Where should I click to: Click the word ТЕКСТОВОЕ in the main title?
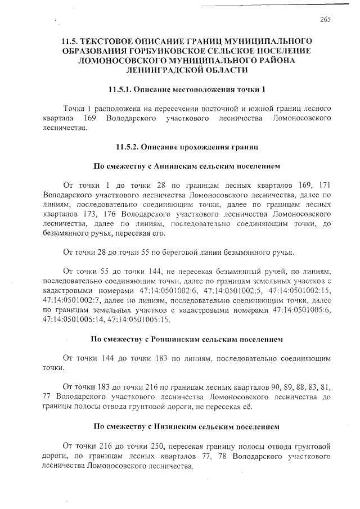click(118, 42)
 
